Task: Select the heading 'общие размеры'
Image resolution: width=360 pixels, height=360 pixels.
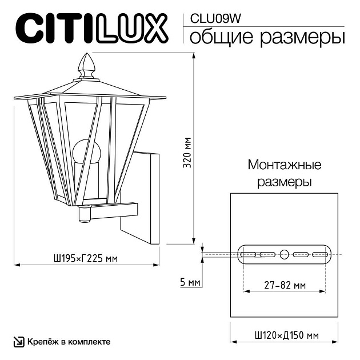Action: point(266,38)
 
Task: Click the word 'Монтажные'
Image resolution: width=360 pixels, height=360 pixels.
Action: point(284,166)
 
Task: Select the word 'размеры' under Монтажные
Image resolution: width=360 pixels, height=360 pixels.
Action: point(284,183)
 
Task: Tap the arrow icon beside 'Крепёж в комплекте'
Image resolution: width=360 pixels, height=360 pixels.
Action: point(18,342)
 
